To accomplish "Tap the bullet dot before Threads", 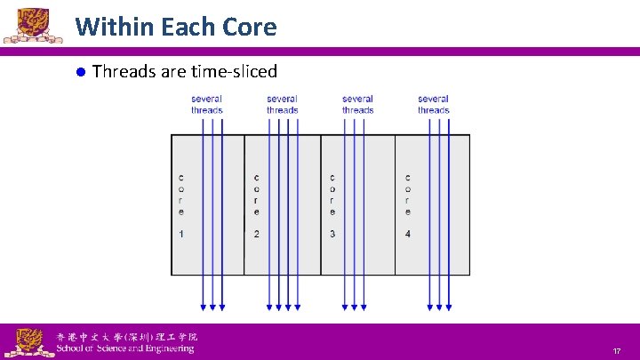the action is (79, 72).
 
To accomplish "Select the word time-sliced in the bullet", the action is (232, 71).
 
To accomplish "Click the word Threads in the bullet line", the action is (123, 71).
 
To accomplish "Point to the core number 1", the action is (181, 234).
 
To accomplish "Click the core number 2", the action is (257, 234).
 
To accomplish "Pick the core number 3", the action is (332, 234).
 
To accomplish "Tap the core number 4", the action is (408, 234).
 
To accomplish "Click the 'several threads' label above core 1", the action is (206, 104).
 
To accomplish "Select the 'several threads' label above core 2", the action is (282, 104).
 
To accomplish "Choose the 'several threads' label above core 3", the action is (357, 104).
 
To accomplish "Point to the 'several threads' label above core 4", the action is (433, 104).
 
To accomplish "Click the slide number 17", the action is (615, 352).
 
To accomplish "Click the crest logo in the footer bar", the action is (28, 341).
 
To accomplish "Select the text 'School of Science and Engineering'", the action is (124, 349).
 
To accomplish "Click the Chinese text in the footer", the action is (126, 337).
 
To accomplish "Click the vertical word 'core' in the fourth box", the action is (408, 195).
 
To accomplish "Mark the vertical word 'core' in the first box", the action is (181, 195).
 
